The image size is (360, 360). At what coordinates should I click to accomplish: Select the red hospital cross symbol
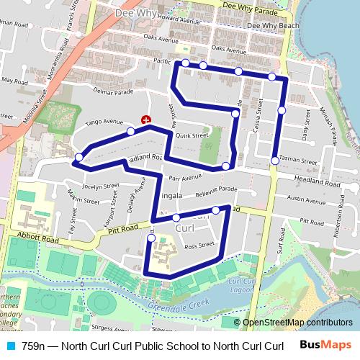(147, 119)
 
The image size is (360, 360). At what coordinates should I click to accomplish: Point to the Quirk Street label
(192, 135)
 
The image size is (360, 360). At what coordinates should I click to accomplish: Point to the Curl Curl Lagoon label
(243, 285)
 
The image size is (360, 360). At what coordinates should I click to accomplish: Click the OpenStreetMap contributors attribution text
(297, 322)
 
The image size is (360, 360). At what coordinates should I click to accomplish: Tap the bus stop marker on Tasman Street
(274, 161)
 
